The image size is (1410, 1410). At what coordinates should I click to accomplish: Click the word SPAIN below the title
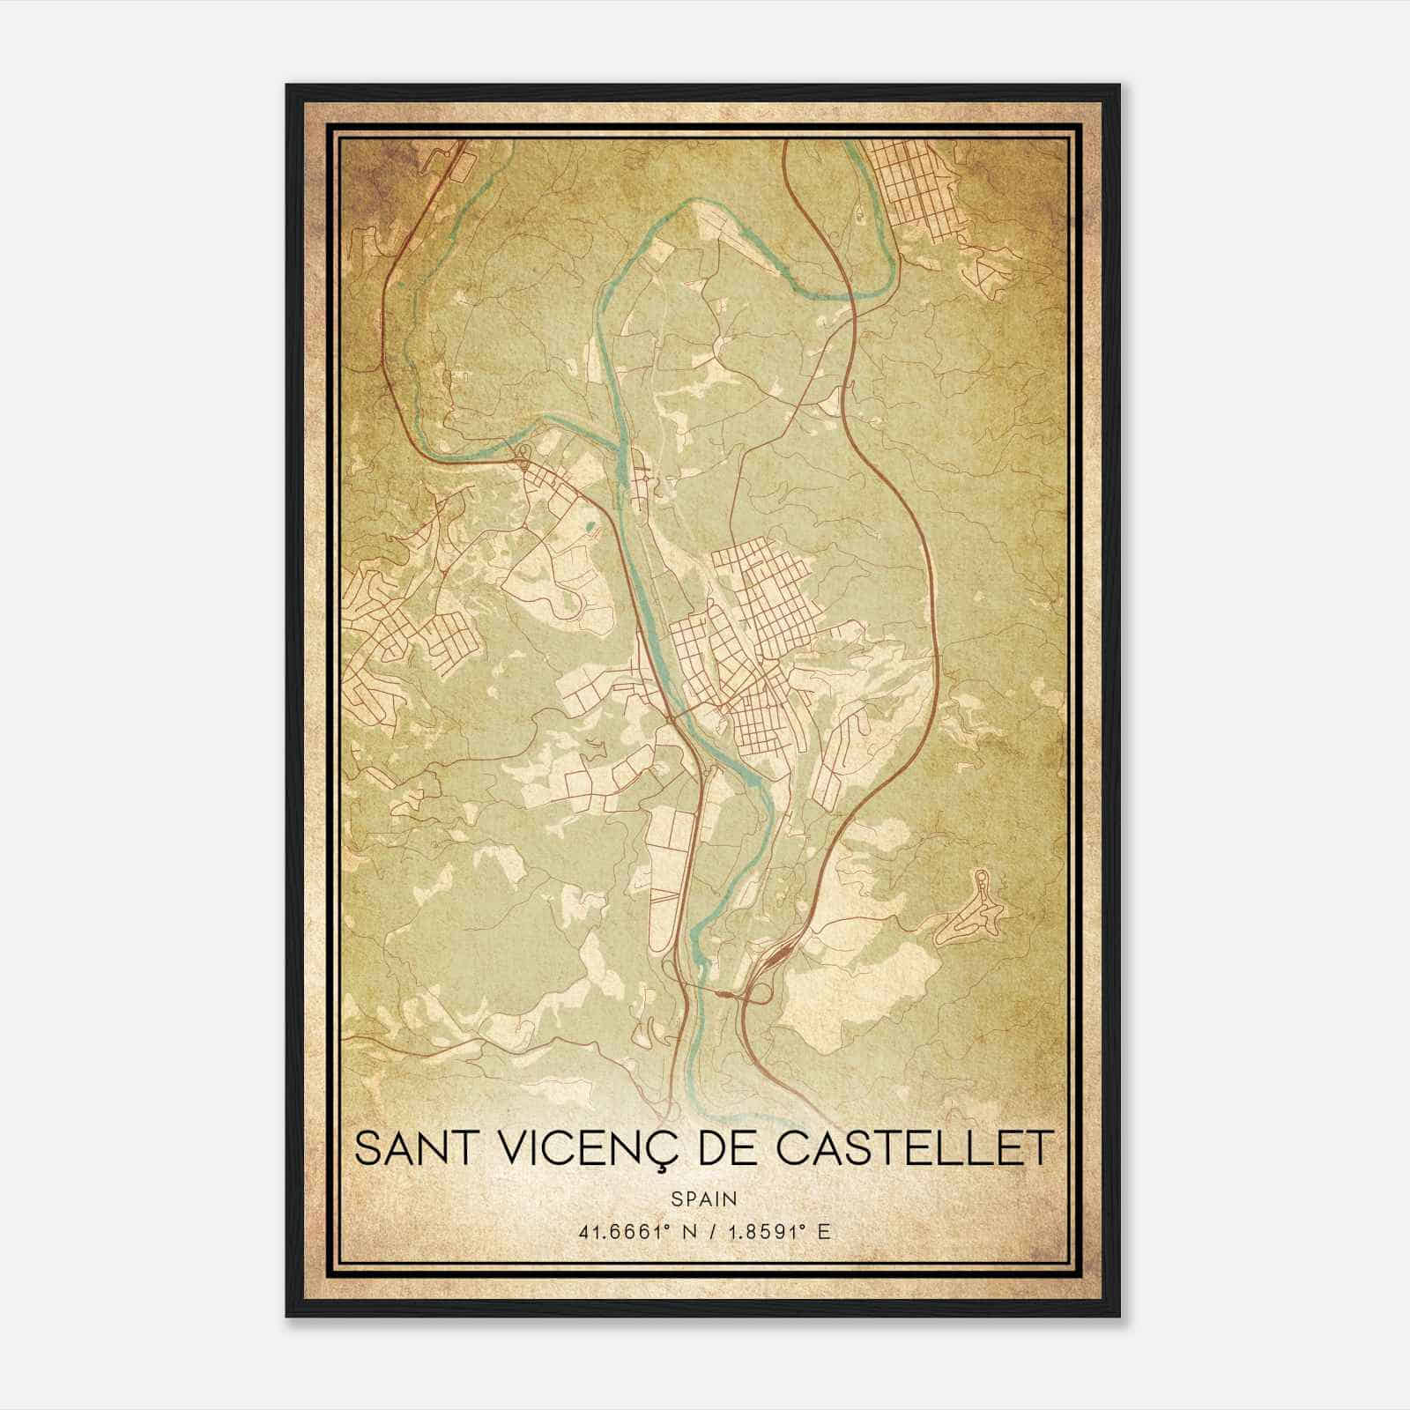703,1198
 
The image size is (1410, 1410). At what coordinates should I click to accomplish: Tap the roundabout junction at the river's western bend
522,455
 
